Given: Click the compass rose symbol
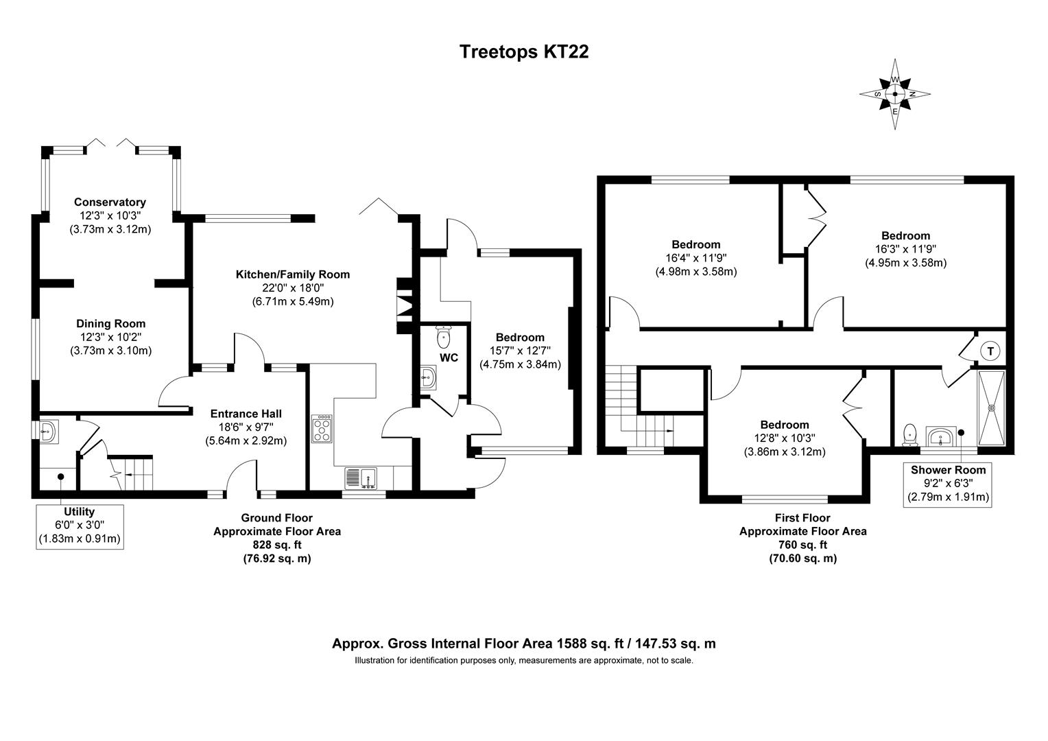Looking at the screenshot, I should tap(895, 94).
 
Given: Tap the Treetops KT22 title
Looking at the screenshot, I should tap(523, 52).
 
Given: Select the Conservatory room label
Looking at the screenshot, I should tap(110, 202).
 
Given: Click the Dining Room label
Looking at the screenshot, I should tap(110, 324).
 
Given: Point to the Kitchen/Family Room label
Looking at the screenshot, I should tap(293, 274).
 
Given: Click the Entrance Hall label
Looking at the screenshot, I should tap(246, 414).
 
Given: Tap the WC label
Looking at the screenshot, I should tap(449, 358).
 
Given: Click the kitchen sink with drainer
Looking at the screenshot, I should tap(361, 477).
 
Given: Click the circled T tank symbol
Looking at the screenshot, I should tap(990, 351).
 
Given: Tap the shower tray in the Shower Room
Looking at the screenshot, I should tap(990, 408).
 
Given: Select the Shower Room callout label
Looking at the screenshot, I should tap(948, 470).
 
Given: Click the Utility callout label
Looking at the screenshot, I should tap(79, 512).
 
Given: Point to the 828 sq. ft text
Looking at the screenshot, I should tap(277, 545).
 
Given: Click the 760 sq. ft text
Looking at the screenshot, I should tap(802, 545).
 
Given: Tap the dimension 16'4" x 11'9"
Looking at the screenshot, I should tap(695, 258).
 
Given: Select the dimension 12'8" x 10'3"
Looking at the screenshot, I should tap(784, 438).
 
